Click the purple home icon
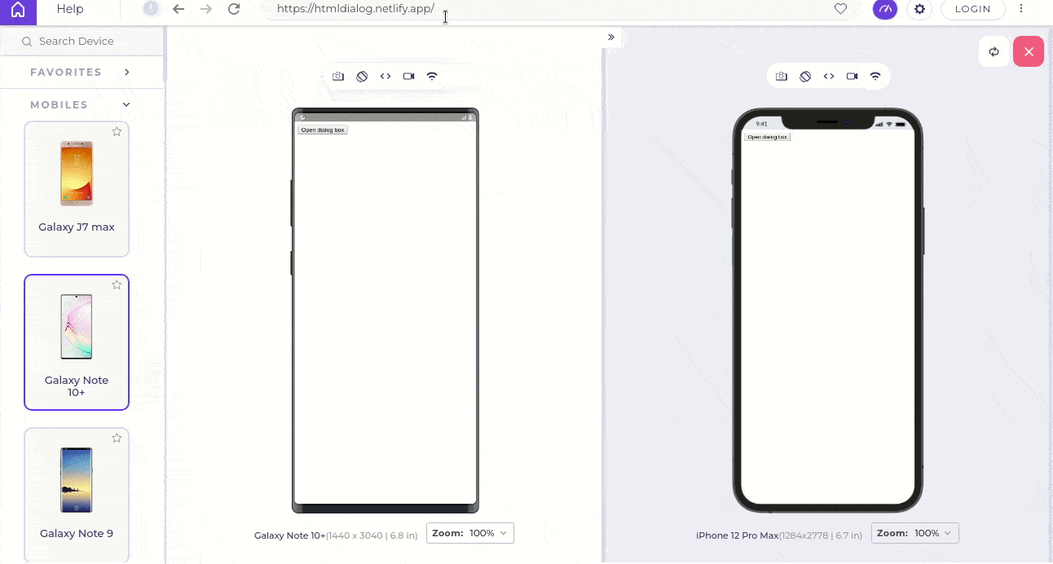pos(18,11)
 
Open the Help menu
pos(70,9)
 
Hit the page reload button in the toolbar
pos(234,9)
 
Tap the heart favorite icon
pos(840,9)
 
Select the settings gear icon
pos(919,9)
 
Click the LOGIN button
pos(972,9)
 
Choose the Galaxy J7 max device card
pos(77,188)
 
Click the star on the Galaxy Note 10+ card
pos(117,284)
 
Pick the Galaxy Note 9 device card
pos(77,494)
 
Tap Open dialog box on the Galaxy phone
pos(323,130)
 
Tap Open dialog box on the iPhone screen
pos(767,137)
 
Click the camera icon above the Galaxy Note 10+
pos(338,77)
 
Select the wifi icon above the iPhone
pos(875,77)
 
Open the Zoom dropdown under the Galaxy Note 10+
pos(470,533)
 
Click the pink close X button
pos(1029,51)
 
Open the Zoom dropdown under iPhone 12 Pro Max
pos(915,533)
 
